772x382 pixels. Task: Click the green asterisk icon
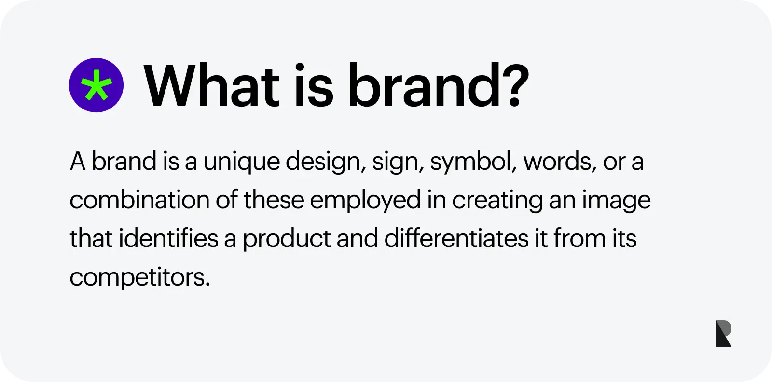coord(96,85)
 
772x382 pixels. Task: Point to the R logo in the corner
coord(723,333)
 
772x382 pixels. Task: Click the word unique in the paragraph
coord(242,162)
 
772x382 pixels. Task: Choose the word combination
coord(139,199)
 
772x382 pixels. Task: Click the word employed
coord(365,201)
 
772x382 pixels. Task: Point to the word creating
coord(497,201)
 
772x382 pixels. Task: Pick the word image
coord(616,201)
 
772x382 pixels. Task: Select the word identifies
coord(168,238)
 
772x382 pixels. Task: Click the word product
coord(287,239)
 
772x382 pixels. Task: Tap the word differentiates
coord(456,238)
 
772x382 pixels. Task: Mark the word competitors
coord(140,278)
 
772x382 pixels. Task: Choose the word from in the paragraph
coord(579,238)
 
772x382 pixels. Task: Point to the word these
coord(274,199)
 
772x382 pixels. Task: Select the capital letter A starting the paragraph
coord(78,161)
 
